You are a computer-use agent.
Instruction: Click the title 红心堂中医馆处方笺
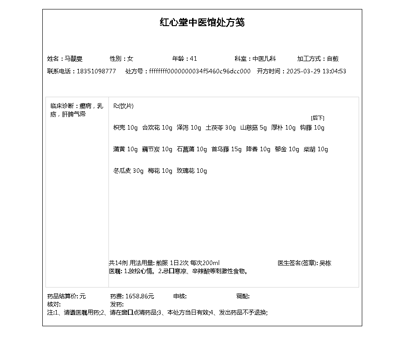pyautogui.click(x=202, y=22)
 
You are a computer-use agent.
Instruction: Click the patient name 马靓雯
pyautogui.click(x=74, y=58)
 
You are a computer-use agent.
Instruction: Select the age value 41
pyautogui.click(x=193, y=58)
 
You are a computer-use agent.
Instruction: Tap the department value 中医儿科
pyautogui.click(x=264, y=58)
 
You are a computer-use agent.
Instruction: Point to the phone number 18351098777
pyautogui.click(x=96, y=71)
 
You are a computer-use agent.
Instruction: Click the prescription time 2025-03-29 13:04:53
pyautogui.click(x=316, y=71)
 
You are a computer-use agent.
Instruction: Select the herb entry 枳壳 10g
pyautogui.click(x=126, y=127)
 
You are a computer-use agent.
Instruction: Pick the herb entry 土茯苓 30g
pyautogui.click(x=220, y=127)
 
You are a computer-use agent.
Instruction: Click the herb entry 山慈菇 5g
pyautogui.click(x=253, y=127)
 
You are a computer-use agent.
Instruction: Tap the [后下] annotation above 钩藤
pyautogui.click(x=317, y=118)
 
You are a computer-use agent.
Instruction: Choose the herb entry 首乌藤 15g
pyautogui.click(x=226, y=149)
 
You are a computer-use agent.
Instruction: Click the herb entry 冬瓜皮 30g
pyautogui.click(x=128, y=171)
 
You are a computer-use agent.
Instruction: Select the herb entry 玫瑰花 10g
pyautogui.click(x=192, y=171)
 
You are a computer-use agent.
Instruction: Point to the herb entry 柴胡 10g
pyautogui.click(x=315, y=149)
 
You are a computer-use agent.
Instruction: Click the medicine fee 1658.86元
pyautogui.click(x=139, y=296)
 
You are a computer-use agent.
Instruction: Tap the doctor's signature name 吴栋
pyautogui.click(x=325, y=263)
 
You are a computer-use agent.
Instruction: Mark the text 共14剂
pyautogui.click(x=118, y=263)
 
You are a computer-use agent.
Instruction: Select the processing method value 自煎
pyautogui.click(x=333, y=58)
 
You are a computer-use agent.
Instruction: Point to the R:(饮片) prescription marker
pyautogui.click(x=123, y=106)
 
